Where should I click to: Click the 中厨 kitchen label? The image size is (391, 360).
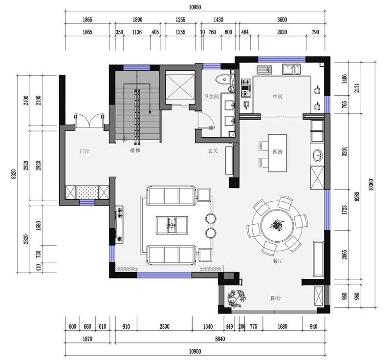[278, 96]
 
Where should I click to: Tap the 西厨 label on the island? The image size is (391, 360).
[278, 151]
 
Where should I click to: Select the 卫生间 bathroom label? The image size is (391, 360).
[211, 96]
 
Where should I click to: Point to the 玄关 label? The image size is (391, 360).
[213, 151]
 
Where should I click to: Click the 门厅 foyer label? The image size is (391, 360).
[85, 151]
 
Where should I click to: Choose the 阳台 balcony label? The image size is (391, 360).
[276, 298]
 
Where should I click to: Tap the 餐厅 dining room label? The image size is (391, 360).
[278, 261]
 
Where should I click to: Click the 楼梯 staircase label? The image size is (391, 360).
[135, 150]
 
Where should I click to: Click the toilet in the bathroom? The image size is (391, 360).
[223, 80]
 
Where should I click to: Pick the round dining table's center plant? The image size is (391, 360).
[277, 225]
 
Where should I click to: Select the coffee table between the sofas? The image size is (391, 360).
[172, 226]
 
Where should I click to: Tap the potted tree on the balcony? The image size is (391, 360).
[237, 298]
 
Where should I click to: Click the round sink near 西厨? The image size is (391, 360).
[317, 155]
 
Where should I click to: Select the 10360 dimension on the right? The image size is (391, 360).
[371, 185]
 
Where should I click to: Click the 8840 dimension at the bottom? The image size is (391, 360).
[219, 339]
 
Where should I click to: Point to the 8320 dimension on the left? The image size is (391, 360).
[14, 174]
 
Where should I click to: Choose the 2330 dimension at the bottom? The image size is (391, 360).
[164, 326]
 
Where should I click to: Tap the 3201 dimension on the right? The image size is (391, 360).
[345, 151]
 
